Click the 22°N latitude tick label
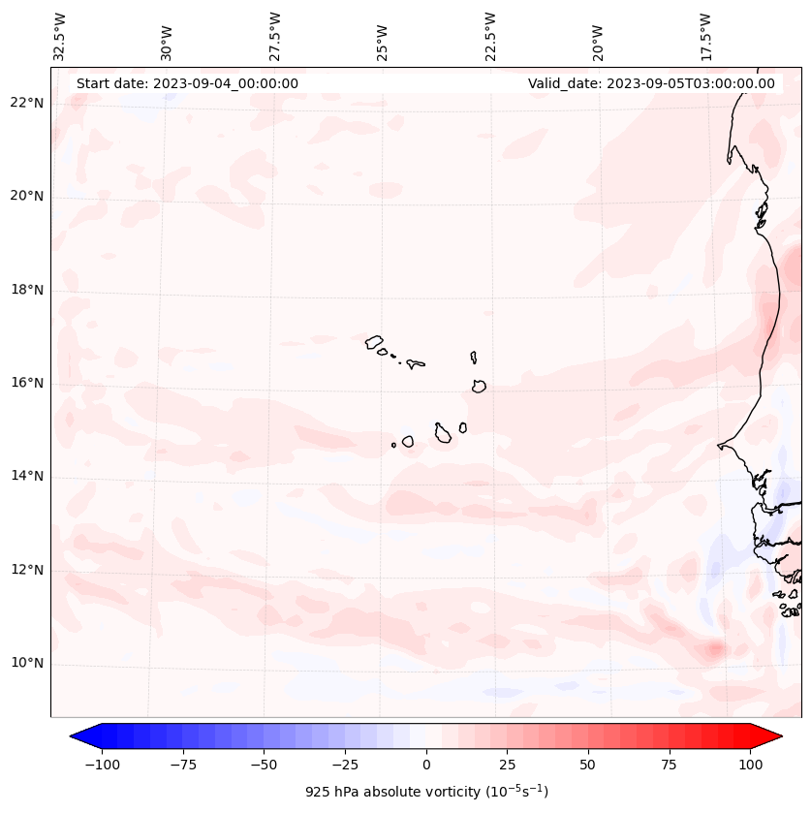(x=27, y=104)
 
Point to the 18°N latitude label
(x=27, y=290)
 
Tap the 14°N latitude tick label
(x=27, y=476)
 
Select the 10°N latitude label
(x=27, y=663)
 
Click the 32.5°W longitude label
(x=60, y=36)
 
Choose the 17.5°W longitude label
(x=705, y=36)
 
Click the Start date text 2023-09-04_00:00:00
(x=187, y=83)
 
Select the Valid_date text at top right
(x=651, y=83)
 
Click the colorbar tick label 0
(x=426, y=765)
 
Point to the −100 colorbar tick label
(x=103, y=765)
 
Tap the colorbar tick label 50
(x=588, y=765)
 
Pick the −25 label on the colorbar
(x=345, y=765)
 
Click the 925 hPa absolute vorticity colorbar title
(x=426, y=792)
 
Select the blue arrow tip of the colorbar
(x=78, y=736)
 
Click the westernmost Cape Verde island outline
(x=374, y=341)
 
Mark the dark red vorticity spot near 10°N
(x=715, y=648)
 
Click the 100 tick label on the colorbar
(x=750, y=765)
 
